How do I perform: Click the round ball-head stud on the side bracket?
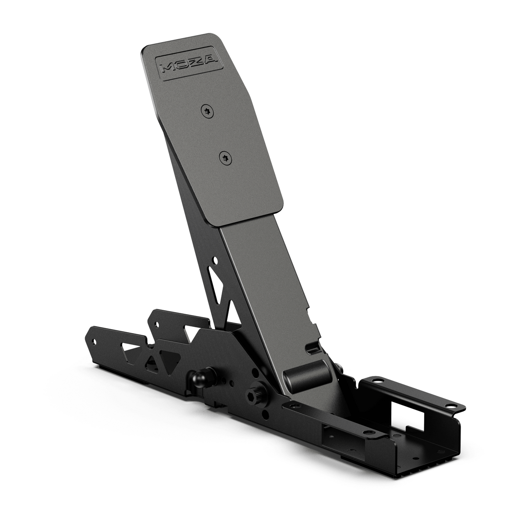pyautogui.click(x=197, y=377)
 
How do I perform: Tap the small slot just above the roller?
pyautogui.click(x=313, y=350)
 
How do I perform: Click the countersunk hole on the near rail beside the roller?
pyautogui.click(x=290, y=406)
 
